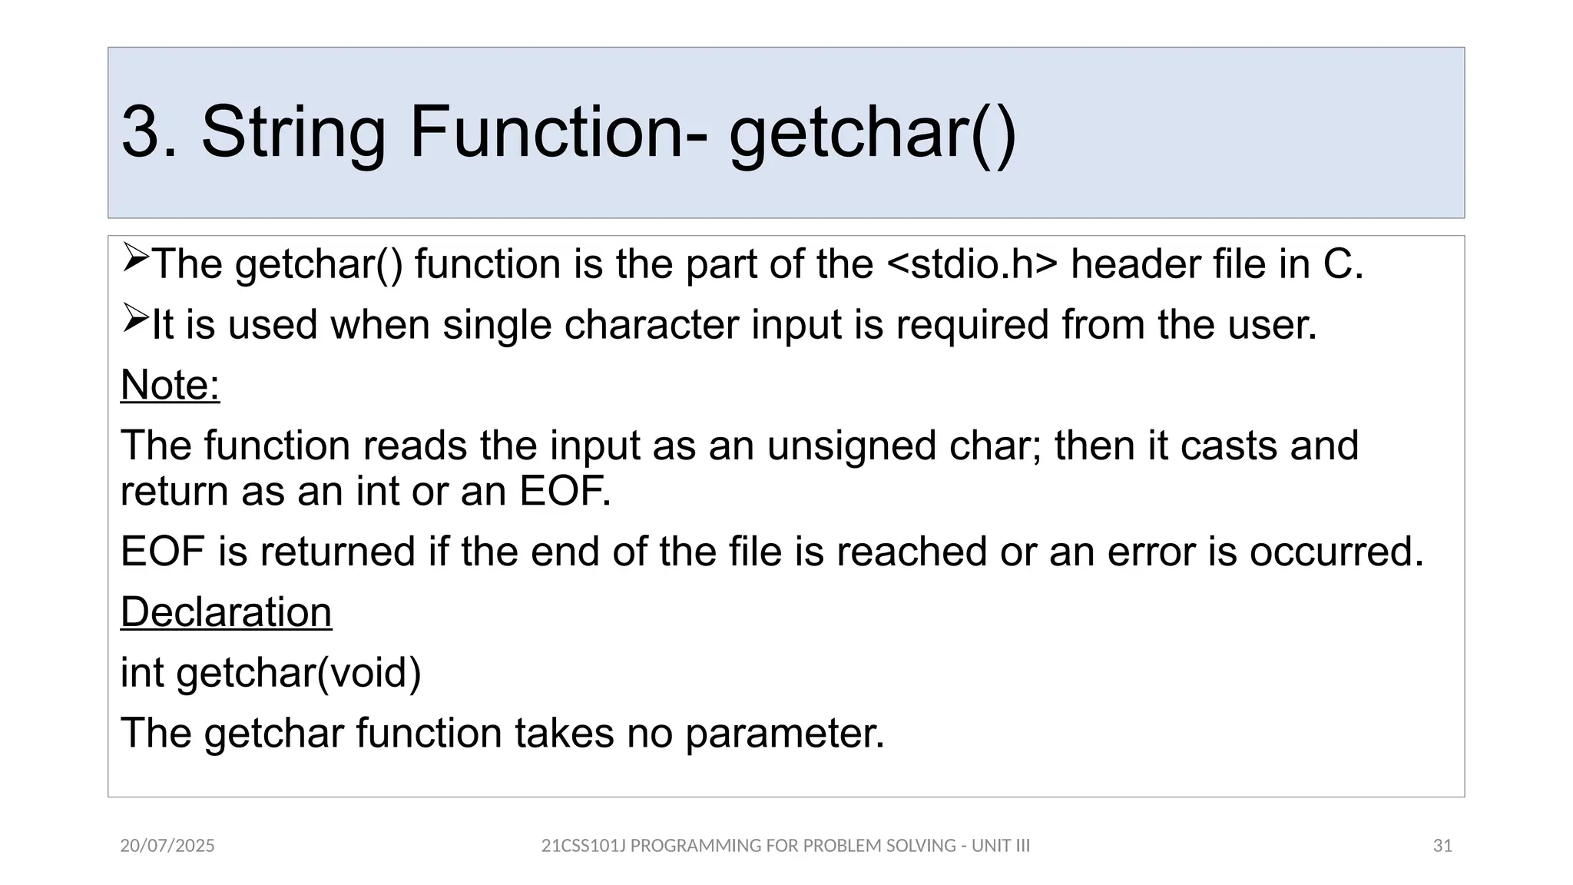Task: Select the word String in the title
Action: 293,132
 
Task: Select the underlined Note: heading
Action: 171,385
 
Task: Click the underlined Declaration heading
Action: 227,612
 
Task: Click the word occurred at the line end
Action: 1336,552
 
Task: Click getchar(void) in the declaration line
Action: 299,673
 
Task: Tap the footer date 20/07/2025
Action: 167,846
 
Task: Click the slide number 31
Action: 1442,846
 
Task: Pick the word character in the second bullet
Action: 651,325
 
